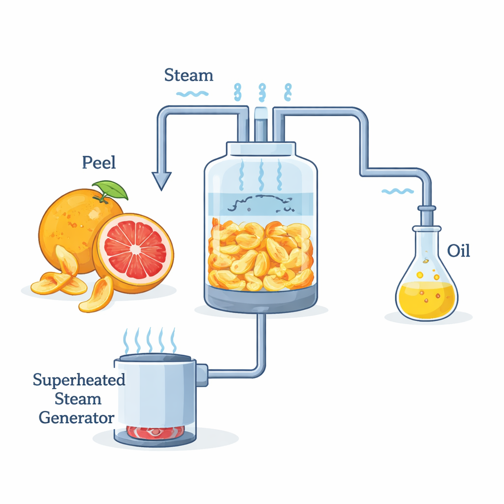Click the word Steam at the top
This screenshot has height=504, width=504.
coord(189,75)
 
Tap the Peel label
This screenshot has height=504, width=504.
coord(98,162)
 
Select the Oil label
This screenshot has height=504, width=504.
coord(459,251)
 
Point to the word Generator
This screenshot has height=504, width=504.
coord(76,418)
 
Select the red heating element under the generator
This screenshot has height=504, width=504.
coord(156,432)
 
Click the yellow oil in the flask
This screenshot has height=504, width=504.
coord(427,299)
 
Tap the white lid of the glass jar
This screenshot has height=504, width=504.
coord(261,149)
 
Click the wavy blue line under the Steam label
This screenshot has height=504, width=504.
coord(192,94)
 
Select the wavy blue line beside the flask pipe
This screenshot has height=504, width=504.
coord(398,191)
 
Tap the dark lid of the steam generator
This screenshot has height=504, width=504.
coord(156,357)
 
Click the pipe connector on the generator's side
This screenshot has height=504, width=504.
coord(201,375)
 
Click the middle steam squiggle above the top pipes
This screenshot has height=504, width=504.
coord(262,92)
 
